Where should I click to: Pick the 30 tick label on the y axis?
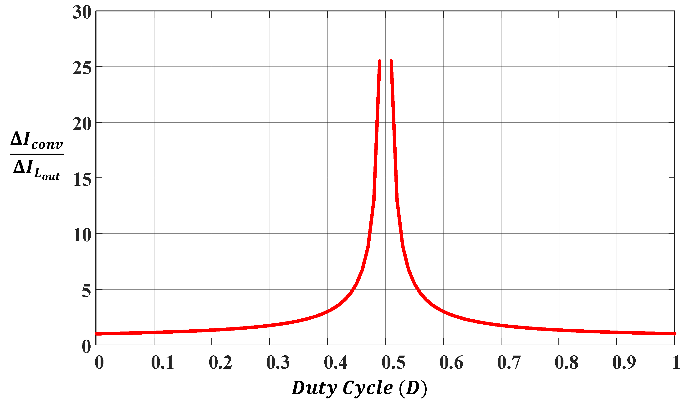[82, 13]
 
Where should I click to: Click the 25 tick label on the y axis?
[82, 68]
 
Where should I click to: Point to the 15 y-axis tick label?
[82, 180]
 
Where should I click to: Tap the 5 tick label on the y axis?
[86, 291]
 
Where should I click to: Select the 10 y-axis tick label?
[82, 235]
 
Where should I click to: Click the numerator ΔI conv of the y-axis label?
[37, 141]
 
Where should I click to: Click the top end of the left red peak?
[380, 61]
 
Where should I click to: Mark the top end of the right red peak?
[391, 61]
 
